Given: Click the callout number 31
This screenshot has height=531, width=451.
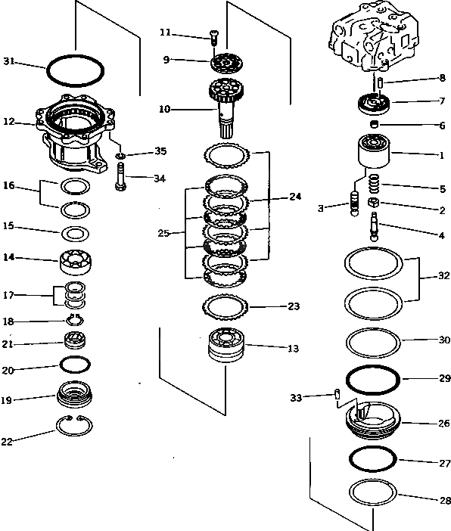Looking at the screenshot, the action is click(9, 61).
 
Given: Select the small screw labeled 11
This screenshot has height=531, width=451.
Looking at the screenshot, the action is click(214, 38).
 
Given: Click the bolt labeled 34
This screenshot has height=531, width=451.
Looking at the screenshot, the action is click(120, 176).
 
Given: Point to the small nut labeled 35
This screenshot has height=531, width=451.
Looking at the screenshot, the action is click(120, 156).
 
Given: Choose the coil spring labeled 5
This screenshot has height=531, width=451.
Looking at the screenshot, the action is click(374, 184).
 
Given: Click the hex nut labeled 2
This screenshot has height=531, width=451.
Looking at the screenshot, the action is click(373, 203).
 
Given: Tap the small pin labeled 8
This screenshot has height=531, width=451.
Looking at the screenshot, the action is click(380, 83).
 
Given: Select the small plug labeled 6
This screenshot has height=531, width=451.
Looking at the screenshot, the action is click(374, 124).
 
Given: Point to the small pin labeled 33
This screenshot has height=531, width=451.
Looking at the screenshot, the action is click(337, 394).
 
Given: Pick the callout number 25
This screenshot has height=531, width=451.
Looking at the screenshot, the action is click(163, 233).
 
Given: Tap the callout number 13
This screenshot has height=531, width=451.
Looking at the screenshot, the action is click(293, 349).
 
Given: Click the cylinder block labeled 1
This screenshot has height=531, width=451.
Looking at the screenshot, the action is click(374, 151).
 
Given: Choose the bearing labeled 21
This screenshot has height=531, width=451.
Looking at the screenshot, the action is click(75, 340).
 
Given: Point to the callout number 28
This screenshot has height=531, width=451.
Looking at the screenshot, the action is click(445, 500).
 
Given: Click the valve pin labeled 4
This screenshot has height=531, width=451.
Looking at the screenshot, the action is click(374, 227).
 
